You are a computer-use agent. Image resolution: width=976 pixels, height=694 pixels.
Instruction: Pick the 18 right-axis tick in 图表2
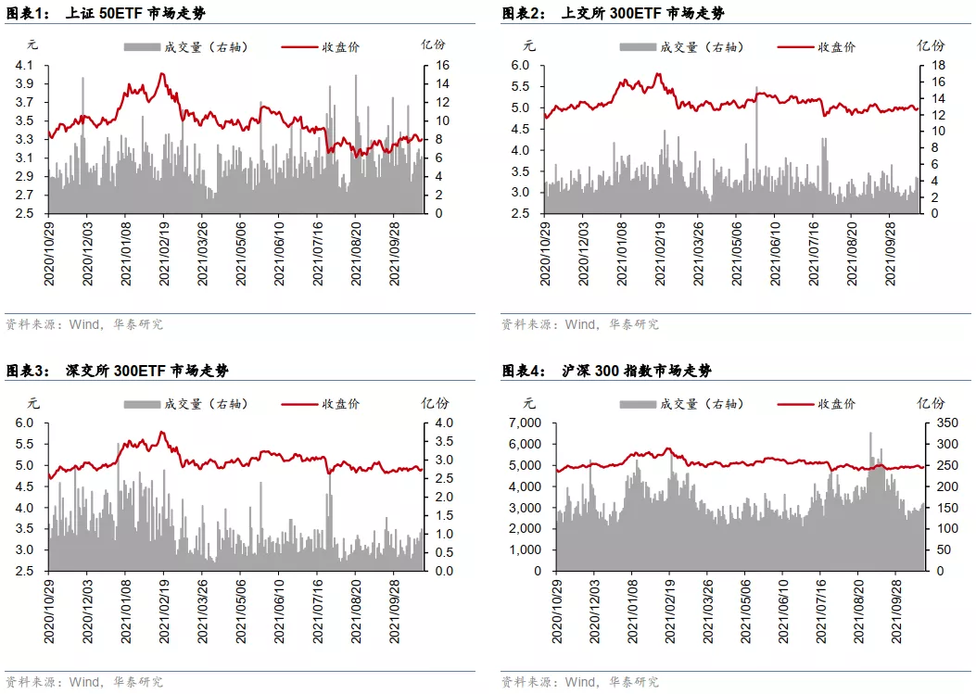[939, 65]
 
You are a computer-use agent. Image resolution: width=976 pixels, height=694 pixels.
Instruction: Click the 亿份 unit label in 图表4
[931, 403]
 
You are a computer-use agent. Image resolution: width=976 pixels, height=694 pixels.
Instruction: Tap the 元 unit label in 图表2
[528, 45]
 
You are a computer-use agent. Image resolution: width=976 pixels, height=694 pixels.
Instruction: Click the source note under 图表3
[84, 682]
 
